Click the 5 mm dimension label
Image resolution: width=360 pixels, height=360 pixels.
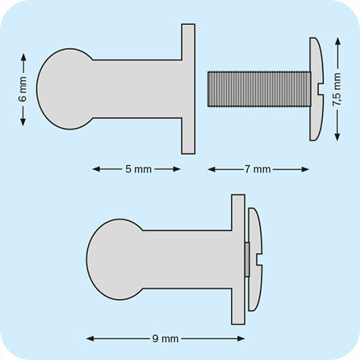137,169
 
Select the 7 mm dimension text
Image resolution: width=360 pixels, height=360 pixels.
258,169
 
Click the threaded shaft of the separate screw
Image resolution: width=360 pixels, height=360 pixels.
258,89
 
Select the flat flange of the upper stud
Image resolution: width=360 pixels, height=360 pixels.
189,89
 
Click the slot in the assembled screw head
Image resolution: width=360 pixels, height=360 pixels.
260,261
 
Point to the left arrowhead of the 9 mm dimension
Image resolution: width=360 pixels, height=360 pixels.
89,338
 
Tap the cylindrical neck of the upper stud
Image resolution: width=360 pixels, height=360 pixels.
136,89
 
